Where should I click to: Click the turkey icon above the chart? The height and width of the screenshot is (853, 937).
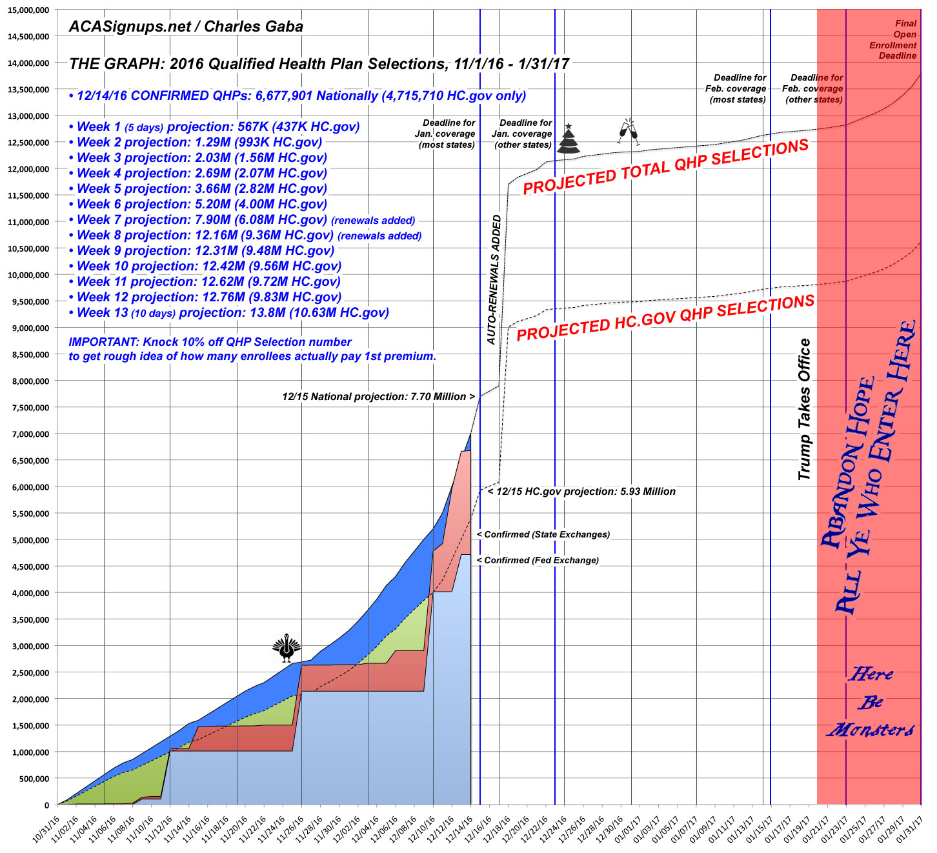click(x=287, y=648)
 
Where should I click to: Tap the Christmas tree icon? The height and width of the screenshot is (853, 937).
click(x=569, y=139)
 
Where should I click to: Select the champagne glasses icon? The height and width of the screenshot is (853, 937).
click(x=627, y=132)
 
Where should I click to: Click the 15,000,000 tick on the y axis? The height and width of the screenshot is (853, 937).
click(x=28, y=10)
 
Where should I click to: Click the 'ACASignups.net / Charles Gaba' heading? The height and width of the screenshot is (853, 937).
click(x=186, y=26)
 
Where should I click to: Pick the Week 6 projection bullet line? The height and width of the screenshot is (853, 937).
click(x=201, y=204)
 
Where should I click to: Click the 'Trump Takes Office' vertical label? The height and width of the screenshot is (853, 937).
click(x=804, y=409)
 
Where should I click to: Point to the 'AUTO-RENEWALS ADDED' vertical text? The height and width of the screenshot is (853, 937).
click(x=494, y=279)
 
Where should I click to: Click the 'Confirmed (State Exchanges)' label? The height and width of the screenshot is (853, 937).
click(x=543, y=534)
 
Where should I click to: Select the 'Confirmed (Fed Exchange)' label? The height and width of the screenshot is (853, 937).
click(x=538, y=560)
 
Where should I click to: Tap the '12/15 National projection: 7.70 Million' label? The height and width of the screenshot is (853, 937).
click(x=378, y=396)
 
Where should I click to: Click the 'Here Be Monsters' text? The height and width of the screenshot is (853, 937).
click(x=871, y=702)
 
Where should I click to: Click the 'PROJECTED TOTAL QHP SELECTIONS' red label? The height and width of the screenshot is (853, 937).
click(x=665, y=166)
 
